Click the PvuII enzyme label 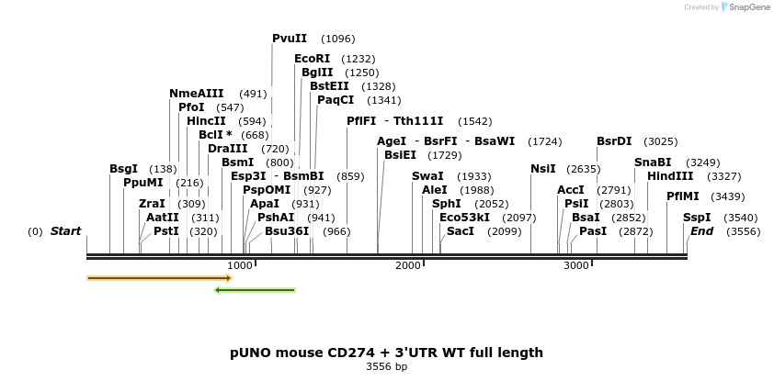click(290, 39)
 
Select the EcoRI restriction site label click(312, 59)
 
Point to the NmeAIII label click(196, 94)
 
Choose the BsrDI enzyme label click(614, 141)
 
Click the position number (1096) click(337, 39)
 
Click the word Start click(65, 231)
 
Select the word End click(701, 231)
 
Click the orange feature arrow click(158, 277)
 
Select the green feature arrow click(255, 290)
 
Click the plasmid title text click(386, 353)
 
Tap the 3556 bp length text click(386, 366)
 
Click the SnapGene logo click(745, 7)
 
